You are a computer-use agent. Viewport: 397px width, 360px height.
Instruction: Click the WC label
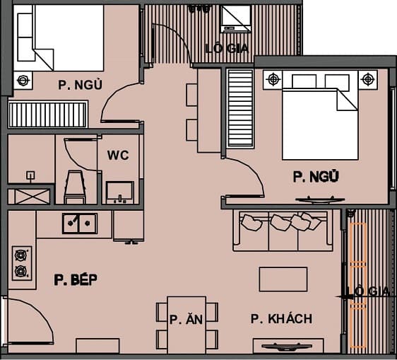(x=118, y=156)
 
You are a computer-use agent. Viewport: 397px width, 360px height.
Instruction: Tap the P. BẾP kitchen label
(x=75, y=280)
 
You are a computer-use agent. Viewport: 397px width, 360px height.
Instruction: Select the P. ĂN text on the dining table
(x=186, y=320)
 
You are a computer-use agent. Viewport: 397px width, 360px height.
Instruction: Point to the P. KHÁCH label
(x=281, y=319)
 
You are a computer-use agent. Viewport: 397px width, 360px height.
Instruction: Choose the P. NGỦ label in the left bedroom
(x=81, y=86)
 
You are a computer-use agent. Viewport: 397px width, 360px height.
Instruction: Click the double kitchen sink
(x=78, y=223)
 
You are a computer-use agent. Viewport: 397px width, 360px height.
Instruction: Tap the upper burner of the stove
(x=20, y=254)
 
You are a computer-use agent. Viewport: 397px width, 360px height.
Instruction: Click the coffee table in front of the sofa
(x=283, y=279)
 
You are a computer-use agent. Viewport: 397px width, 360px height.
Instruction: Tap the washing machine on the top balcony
(x=236, y=18)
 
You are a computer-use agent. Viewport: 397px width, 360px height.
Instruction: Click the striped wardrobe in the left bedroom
(x=47, y=114)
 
